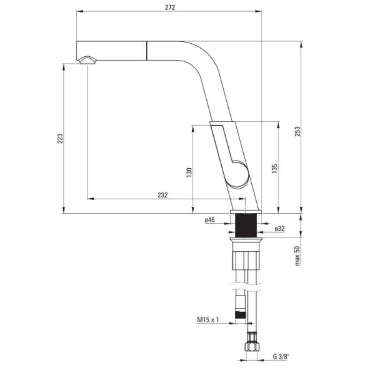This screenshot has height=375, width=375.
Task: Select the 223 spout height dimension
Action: pyautogui.click(x=60, y=138)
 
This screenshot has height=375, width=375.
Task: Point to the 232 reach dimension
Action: pyautogui.click(x=162, y=195)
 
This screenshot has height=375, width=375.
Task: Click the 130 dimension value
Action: pyautogui.click(x=188, y=172)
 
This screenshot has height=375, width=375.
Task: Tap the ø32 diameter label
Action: pyautogui.click(x=279, y=229)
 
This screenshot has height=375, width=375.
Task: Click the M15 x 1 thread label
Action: pyautogui.click(x=209, y=320)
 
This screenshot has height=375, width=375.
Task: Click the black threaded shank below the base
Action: pyautogui.click(x=245, y=226)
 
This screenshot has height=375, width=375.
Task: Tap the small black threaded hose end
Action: pyautogui.click(x=240, y=313)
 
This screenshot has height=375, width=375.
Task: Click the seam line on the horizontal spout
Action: pyautogui.click(x=148, y=51)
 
